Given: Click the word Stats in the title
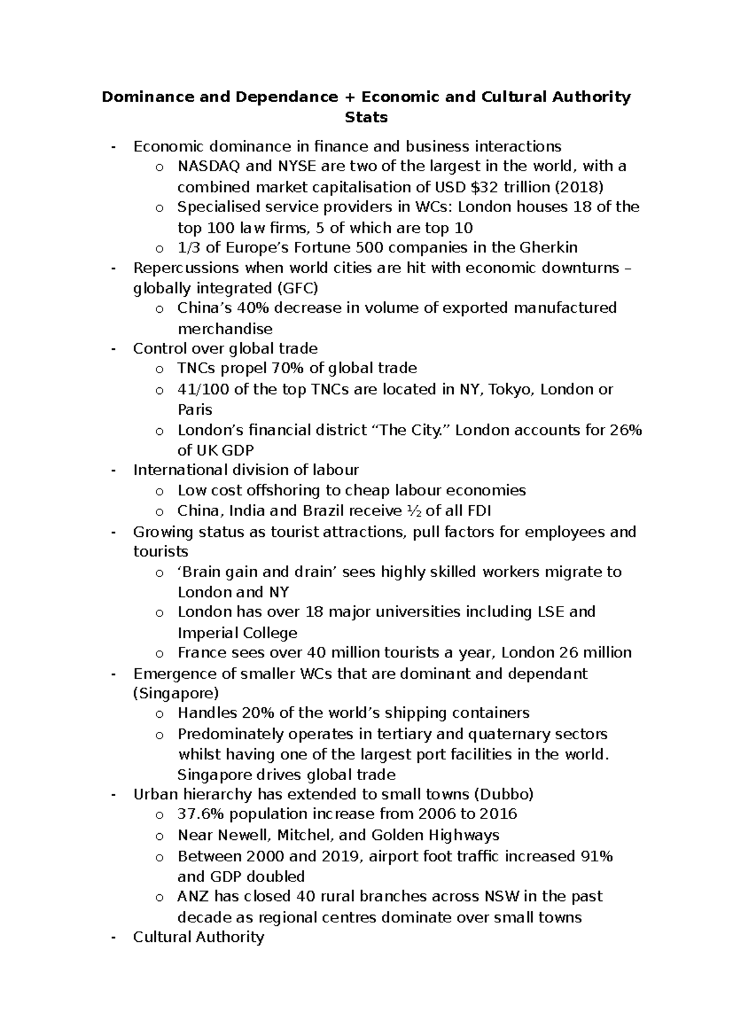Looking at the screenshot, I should (366, 117).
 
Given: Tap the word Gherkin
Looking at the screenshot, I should (548, 247).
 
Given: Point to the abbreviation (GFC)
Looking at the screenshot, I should (298, 288).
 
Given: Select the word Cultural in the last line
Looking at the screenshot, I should (162, 937).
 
